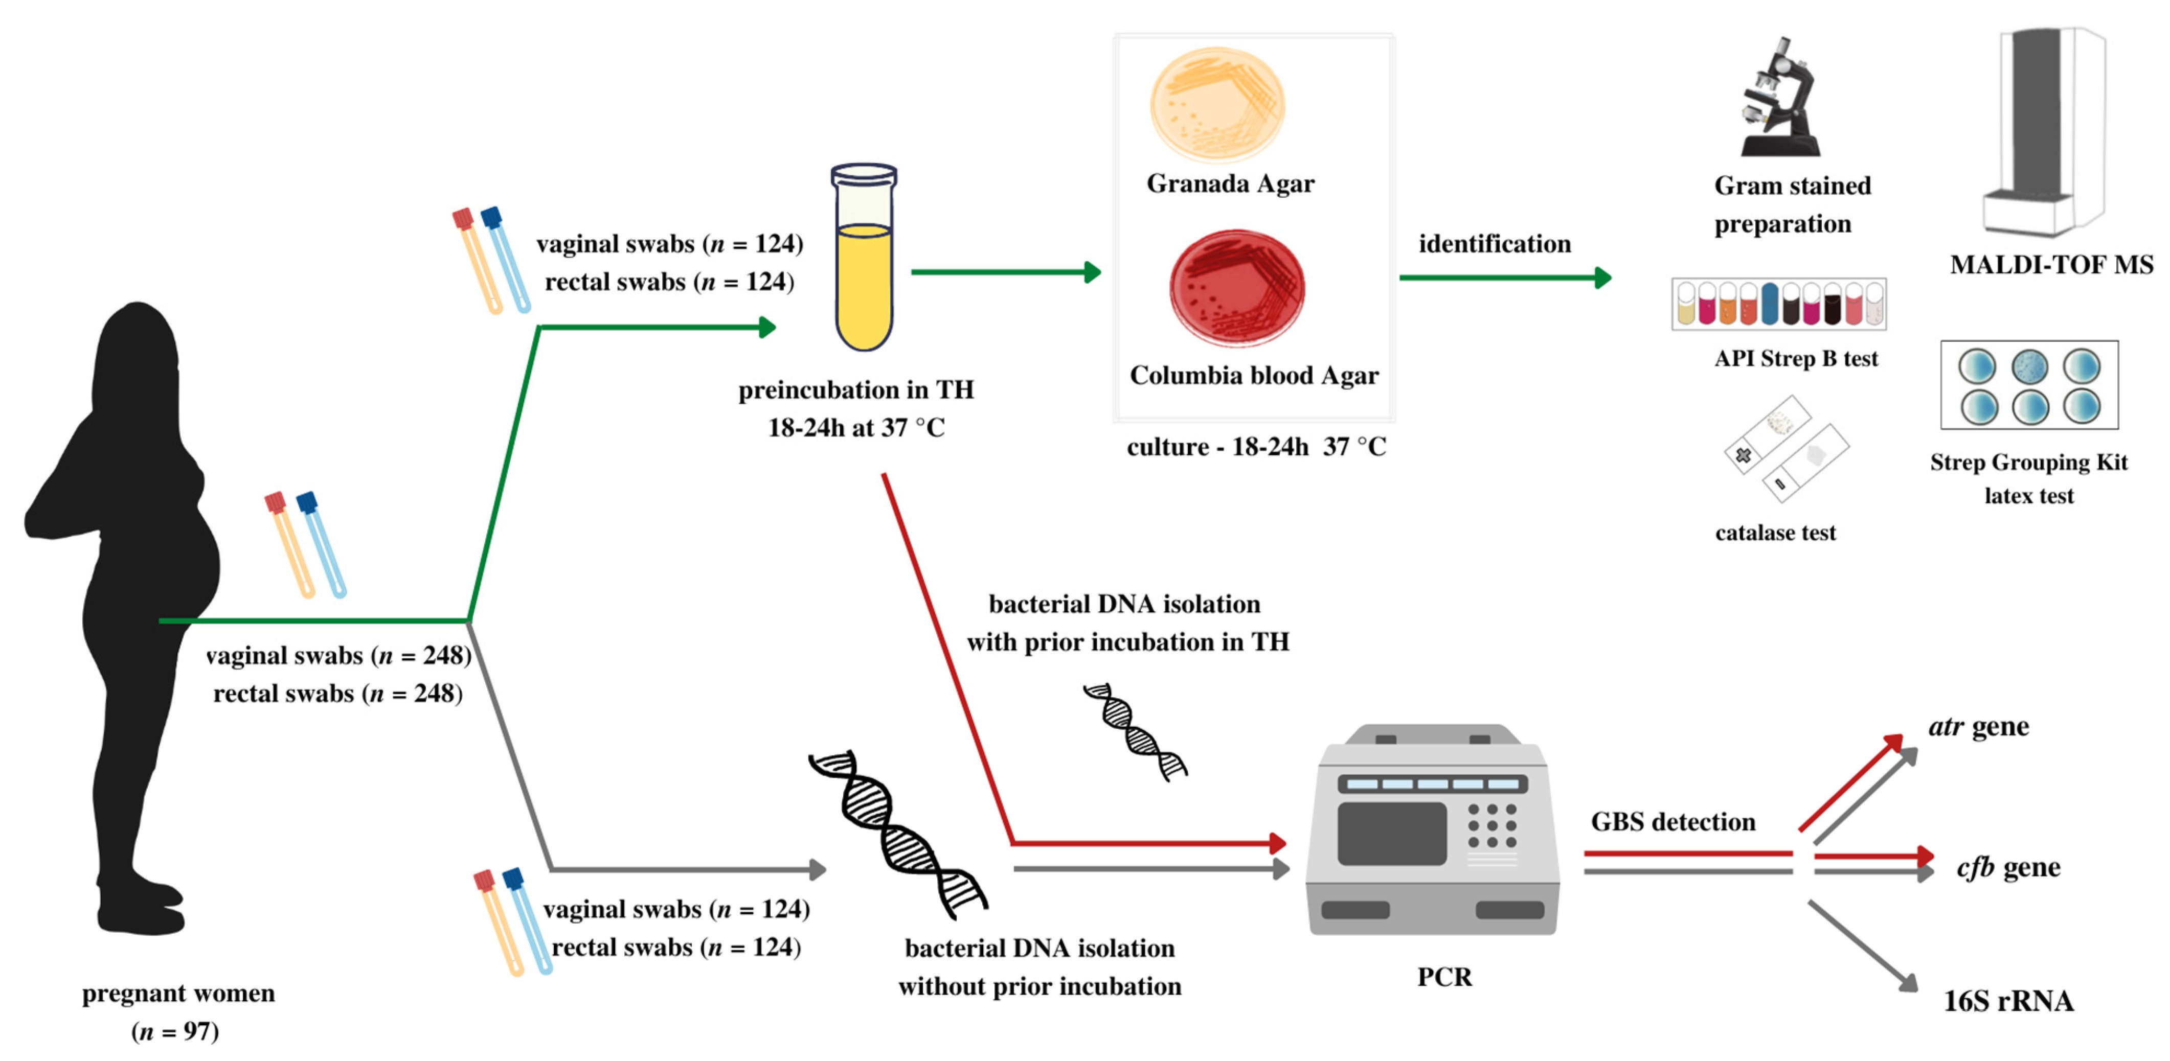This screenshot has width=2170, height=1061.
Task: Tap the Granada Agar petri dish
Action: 1217,105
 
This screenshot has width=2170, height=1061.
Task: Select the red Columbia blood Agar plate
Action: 1237,288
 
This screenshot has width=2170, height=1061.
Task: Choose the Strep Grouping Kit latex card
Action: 2028,386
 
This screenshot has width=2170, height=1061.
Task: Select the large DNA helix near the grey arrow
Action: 897,834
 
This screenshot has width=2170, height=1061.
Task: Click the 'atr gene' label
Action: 1978,726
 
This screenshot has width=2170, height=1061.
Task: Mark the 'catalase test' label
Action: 1775,532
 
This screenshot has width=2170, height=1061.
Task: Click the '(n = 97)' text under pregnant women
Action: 175,1031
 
